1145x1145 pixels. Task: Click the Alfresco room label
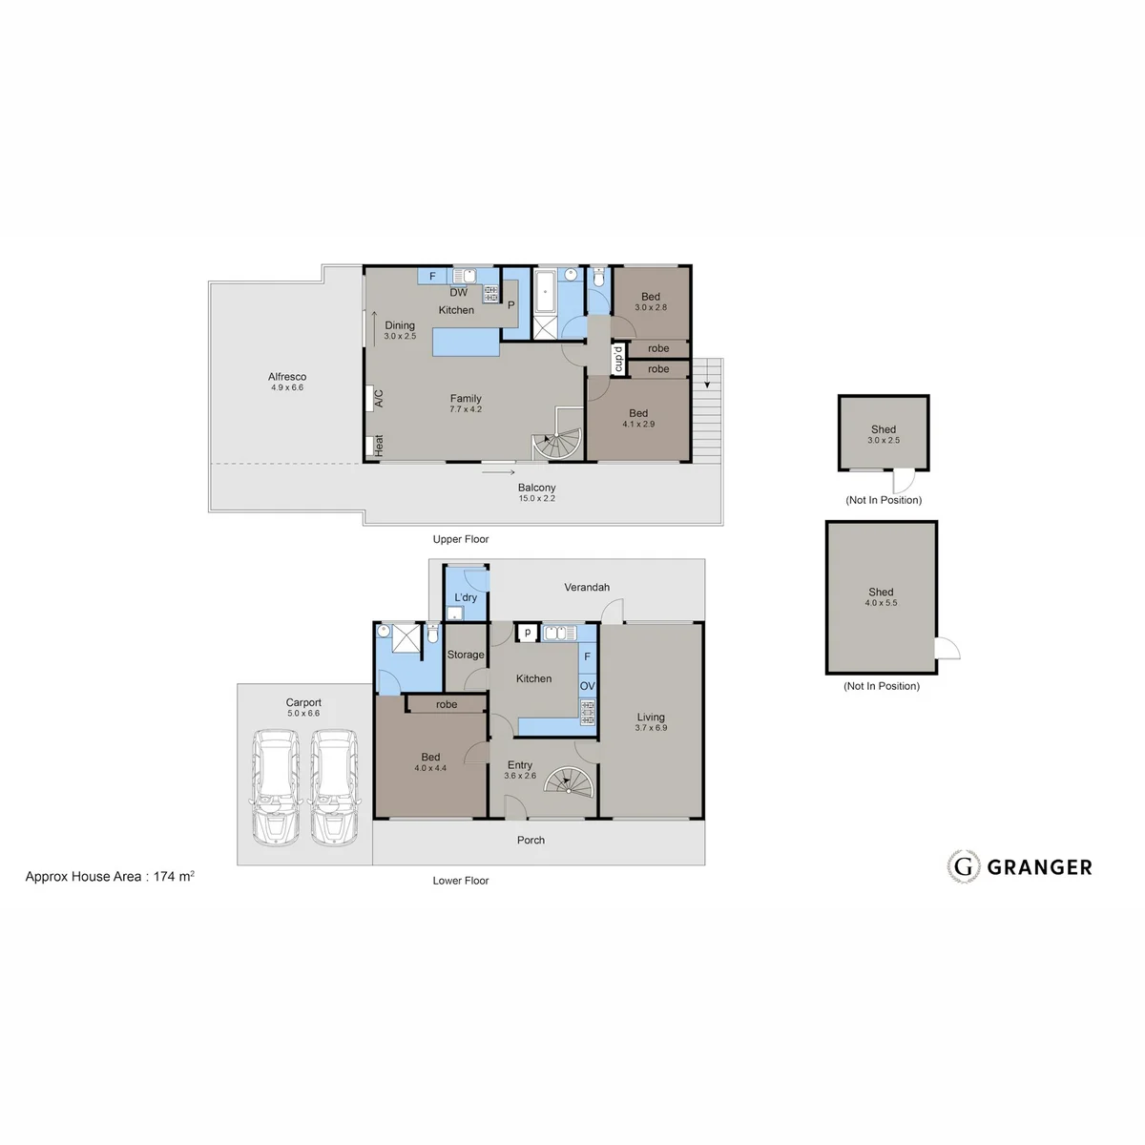(x=287, y=377)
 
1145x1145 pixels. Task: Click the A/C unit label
(x=379, y=398)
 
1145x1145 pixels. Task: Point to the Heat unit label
(x=379, y=446)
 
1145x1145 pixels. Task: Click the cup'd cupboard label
(x=618, y=359)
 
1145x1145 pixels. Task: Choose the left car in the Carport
(x=276, y=787)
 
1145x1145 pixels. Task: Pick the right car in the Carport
(x=335, y=787)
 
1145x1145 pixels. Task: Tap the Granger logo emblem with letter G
(x=963, y=867)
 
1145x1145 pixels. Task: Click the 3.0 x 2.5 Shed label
(x=883, y=429)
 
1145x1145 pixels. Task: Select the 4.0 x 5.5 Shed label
(x=881, y=592)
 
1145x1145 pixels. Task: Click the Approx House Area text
(x=110, y=877)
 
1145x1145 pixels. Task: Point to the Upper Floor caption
(x=461, y=539)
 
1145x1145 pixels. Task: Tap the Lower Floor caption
(x=461, y=881)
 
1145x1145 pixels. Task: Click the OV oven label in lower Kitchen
(x=587, y=686)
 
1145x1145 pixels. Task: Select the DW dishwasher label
(x=458, y=292)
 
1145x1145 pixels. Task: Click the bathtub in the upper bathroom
(x=545, y=291)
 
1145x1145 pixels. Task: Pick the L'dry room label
(x=466, y=597)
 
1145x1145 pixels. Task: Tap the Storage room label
(x=466, y=655)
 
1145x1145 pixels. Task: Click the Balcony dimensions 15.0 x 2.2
(x=536, y=498)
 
